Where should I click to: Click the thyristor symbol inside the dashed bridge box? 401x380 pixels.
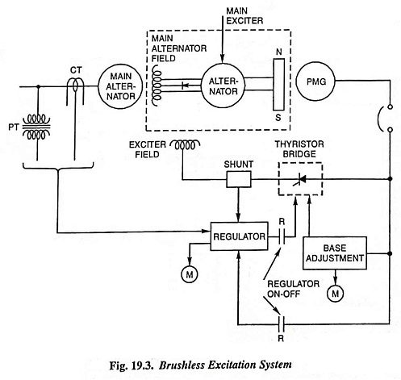point(301,179)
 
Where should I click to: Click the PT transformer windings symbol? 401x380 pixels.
point(36,127)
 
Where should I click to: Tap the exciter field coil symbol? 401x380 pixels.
point(185,145)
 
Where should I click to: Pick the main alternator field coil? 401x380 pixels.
point(156,86)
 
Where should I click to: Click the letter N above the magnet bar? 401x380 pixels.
point(279,52)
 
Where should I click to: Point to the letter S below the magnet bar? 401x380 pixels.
point(278,118)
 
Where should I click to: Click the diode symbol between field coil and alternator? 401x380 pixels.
point(185,86)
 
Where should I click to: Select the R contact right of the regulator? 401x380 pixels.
point(282,237)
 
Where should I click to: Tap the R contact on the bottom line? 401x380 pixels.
point(281,324)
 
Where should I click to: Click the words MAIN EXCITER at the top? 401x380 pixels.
point(244,16)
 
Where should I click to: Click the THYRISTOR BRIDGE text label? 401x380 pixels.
point(299,149)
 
